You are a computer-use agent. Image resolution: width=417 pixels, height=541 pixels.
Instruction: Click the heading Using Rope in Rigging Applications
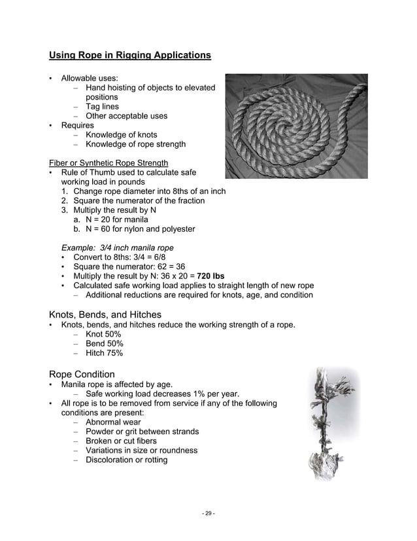[x=130, y=55]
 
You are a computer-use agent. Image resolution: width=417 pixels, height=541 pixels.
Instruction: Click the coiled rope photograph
[x=296, y=126]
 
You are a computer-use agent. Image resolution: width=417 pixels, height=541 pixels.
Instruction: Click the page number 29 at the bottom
[x=208, y=513]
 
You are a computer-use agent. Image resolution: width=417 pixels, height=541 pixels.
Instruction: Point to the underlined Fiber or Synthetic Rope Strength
[x=108, y=162]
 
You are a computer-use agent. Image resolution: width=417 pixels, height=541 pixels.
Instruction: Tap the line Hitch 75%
[x=104, y=353]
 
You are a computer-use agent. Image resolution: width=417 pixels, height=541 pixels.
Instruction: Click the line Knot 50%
[x=104, y=334]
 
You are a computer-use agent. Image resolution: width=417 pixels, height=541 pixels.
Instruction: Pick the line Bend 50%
[x=104, y=344]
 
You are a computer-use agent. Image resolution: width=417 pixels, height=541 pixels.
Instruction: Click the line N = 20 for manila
[x=116, y=219]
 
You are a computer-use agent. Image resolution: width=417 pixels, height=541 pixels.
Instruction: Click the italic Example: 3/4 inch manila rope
[x=117, y=248]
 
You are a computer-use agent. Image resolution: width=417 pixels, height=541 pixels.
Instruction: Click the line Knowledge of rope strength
[x=135, y=144]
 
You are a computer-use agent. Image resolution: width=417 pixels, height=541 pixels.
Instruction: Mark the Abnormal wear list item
[x=113, y=422]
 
